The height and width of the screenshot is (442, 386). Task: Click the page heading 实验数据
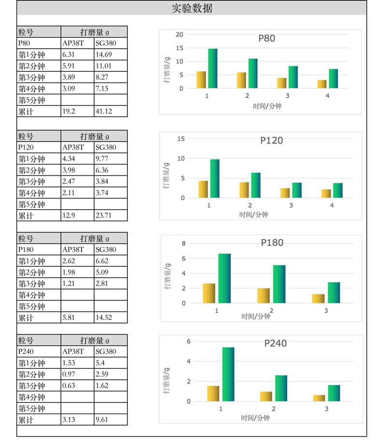(192, 8)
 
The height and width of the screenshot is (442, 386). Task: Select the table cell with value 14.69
(110, 54)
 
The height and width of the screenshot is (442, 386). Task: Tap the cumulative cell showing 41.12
(110, 111)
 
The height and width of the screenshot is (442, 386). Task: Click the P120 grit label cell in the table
(39, 147)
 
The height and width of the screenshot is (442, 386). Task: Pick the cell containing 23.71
(110, 215)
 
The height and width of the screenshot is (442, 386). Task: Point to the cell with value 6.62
(110, 261)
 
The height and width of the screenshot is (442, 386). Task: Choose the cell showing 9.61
(110, 419)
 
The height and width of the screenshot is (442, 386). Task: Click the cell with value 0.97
(77, 374)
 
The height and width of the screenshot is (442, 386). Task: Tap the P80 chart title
(267, 38)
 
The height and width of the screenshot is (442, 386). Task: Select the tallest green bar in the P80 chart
(213, 68)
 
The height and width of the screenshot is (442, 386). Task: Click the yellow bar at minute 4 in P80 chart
(322, 84)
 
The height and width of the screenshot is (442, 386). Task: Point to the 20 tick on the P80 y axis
(179, 34)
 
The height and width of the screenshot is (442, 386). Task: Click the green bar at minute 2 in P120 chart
(256, 185)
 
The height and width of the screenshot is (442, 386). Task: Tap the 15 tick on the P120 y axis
(181, 139)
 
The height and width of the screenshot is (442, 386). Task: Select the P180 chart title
(272, 242)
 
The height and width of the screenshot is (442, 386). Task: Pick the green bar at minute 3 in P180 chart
(334, 293)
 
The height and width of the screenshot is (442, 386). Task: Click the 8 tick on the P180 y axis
(183, 243)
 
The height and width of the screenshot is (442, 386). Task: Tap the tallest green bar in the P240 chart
(228, 374)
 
